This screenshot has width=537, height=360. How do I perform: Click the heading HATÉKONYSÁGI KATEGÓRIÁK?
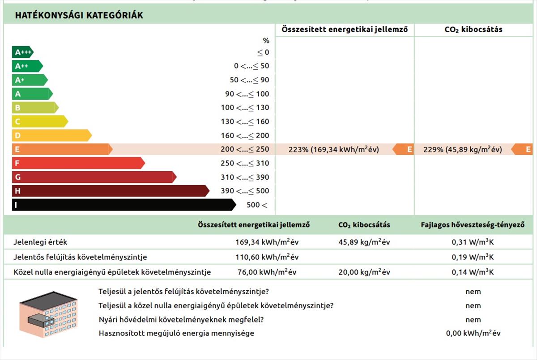pos(79,15)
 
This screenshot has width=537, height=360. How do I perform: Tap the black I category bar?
pos(123,205)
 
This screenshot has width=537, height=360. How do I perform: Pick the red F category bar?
pos(78,163)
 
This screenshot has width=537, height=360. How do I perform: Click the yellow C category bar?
pos(39,121)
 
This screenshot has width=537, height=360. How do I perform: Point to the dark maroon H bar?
pos(110,191)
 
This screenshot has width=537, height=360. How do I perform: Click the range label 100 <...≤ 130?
pos(245,108)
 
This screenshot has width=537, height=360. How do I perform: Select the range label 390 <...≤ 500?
pos(245,191)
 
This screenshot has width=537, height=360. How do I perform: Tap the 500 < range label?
pos(257,205)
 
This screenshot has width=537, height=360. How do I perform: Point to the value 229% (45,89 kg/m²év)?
pos(462,150)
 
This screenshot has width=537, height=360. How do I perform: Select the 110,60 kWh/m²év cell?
pos(267,257)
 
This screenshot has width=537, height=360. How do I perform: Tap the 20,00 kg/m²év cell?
pos(364,272)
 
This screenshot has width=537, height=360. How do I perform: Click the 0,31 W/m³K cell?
pos(473,242)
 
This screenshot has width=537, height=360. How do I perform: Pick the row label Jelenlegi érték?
pos(40,242)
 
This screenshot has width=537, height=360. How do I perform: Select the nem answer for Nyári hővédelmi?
pos(473,320)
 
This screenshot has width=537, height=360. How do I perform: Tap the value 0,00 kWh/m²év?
pos(473,334)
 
